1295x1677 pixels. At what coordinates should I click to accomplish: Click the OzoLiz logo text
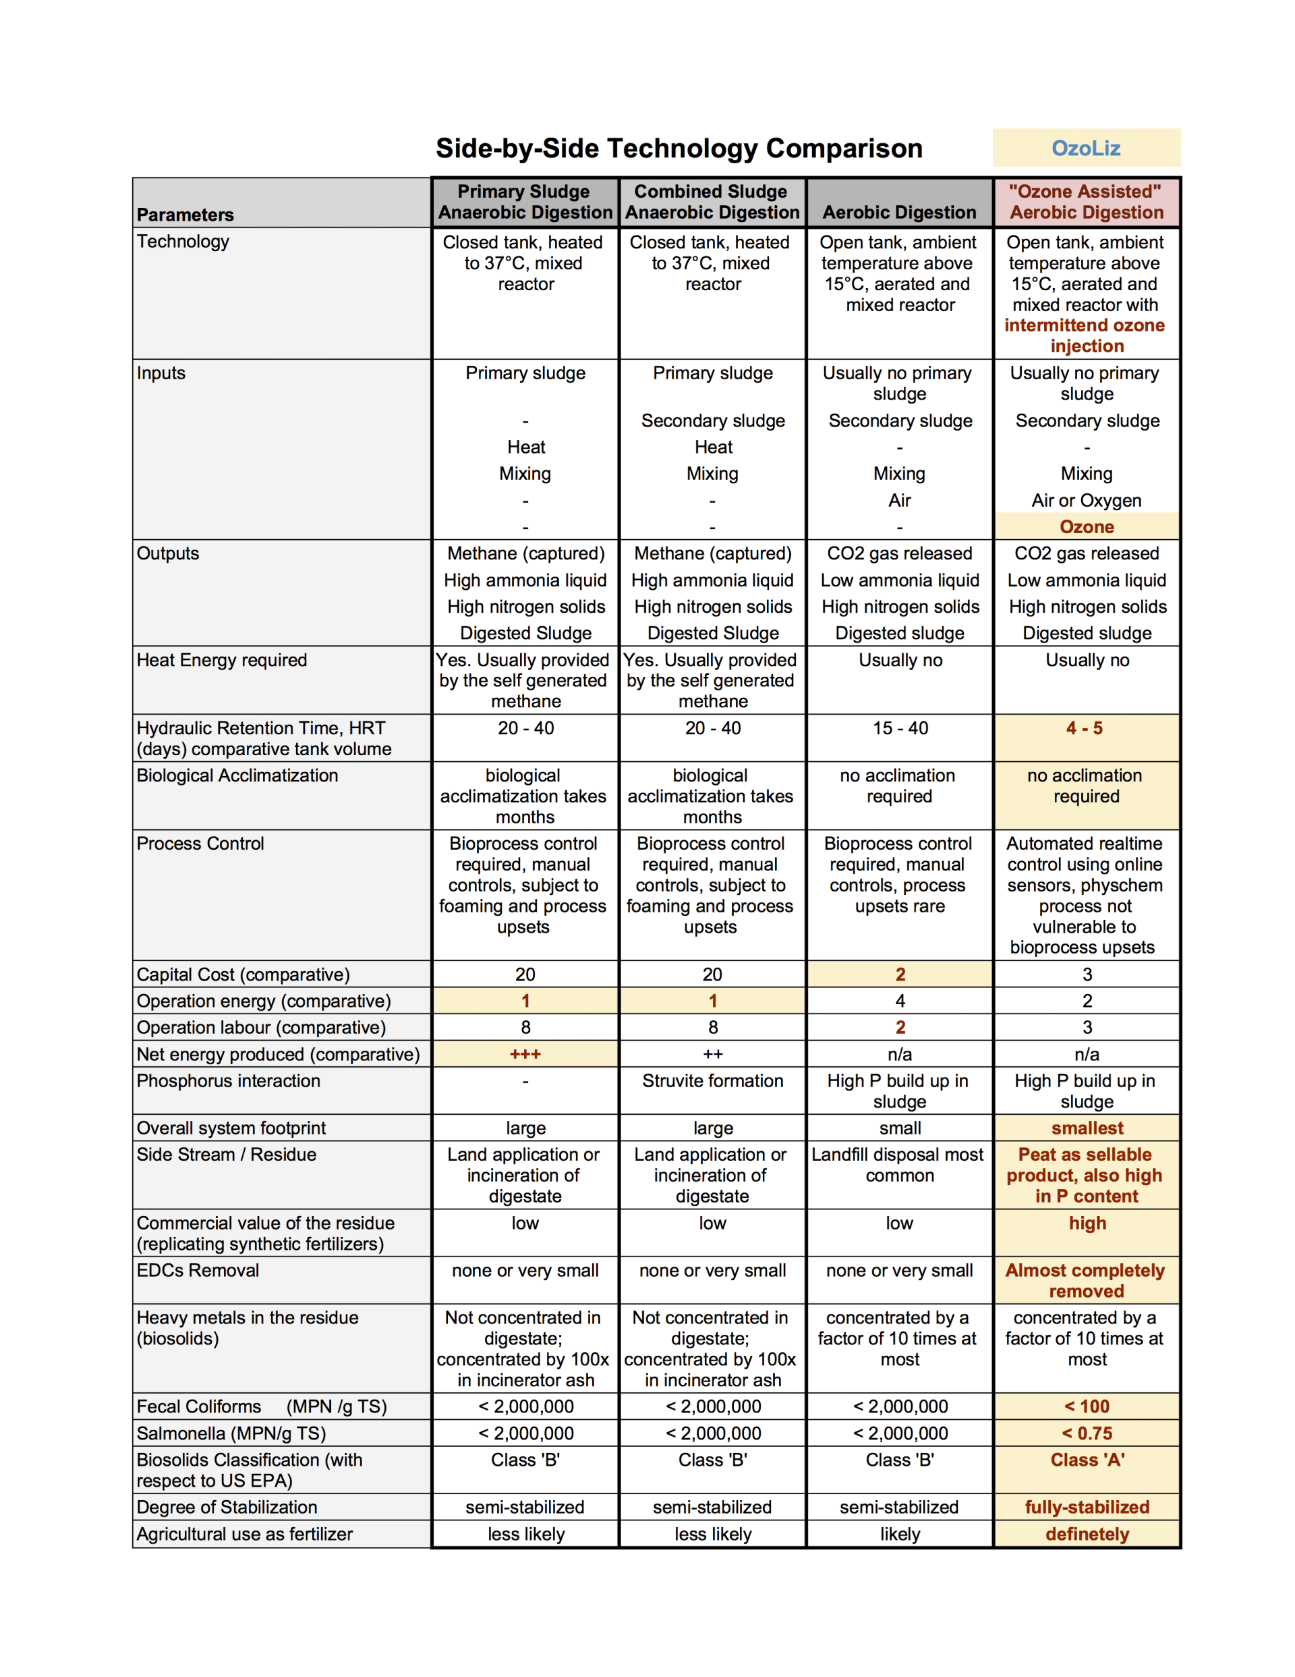click(x=1085, y=148)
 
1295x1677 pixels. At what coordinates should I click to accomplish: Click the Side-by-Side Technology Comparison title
click(x=679, y=148)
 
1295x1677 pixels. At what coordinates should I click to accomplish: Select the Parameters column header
click(x=185, y=214)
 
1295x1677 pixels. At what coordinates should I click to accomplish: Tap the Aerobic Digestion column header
click(x=899, y=212)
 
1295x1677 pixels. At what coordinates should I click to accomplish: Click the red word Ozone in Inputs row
click(x=1086, y=527)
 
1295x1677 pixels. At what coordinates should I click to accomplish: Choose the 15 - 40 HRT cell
click(x=900, y=728)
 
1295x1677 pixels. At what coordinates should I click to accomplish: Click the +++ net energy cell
click(x=525, y=1054)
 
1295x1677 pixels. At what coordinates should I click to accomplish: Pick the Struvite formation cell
click(x=712, y=1081)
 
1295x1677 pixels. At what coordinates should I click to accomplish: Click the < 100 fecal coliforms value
click(x=1086, y=1406)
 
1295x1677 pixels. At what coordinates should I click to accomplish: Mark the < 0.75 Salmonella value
click(x=1086, y=1433)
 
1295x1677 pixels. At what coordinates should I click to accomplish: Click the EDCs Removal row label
click(x=198, y=1271)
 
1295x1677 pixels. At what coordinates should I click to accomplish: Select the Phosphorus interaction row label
click(x=228, y=1081)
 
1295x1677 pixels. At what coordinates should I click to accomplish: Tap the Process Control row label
click(x=200, y=844)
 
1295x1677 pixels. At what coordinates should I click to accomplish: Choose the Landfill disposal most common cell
click(x=899, y=1165)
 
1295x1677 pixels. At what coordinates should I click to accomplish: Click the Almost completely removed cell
click(x=1085, y=1281)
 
